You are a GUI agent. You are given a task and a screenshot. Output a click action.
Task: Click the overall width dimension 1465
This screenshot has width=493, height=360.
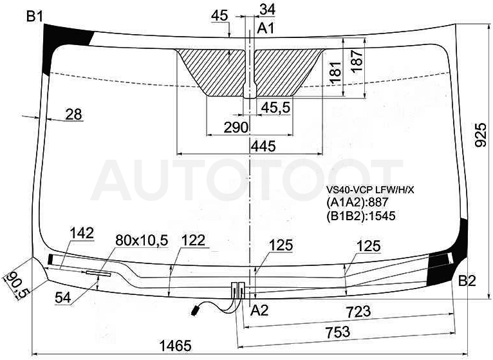pyautogui.click(x=176, y=346)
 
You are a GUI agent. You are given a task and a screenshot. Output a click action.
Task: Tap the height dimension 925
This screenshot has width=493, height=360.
pyautogui.click(x=480, y=135)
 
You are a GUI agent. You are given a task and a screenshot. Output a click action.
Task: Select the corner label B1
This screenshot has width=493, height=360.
pyautogui.click(x=35, y=16)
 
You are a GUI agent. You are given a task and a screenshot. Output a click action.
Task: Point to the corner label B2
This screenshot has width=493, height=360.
pyautogui.click(x=467, y=280)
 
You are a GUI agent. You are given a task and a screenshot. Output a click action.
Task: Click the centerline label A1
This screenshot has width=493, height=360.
pyautogui.click(x=266, y=28)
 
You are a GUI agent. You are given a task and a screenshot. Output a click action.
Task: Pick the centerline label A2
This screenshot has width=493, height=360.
pyautogui.click(x=260, y=310)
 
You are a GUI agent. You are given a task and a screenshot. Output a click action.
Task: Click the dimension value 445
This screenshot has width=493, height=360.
pyautogui.click(x=263, y=146)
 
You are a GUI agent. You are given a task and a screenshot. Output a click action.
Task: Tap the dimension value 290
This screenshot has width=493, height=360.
pyautogui.click(x=236, y=128)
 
